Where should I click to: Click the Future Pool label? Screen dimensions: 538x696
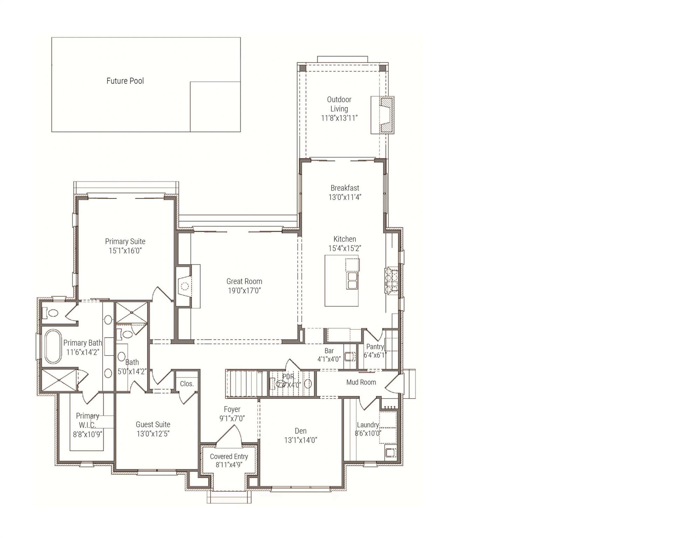tap(125, 81)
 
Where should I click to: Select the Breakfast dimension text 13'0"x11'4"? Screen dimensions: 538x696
tap(345, 197)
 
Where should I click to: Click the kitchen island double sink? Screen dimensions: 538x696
tap(352, 281)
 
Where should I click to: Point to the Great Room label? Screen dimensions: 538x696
tap(244, 281)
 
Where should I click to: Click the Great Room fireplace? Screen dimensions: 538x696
tap(184, 286)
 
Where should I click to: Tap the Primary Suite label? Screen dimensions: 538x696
tap(125, 241)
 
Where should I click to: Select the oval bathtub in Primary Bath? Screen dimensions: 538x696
tap(53, 346)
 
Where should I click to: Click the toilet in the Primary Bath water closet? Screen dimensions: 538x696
tap(51, 313)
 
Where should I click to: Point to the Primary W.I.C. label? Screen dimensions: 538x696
tap(87, 420)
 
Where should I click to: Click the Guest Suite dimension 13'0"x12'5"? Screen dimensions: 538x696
tap(153, 434)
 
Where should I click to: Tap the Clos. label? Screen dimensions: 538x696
tap(187, 384)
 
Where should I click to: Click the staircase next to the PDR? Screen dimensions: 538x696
tap(244, 383)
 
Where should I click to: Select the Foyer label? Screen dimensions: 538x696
tap(232, 409)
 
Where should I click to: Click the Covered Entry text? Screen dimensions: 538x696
tap(229, 456)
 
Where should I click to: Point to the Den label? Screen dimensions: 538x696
tap(301, 431)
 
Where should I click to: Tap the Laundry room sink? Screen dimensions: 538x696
tap(391, 453)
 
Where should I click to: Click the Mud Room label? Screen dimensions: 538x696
tap(361, 382)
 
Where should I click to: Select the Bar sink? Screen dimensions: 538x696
tap(349, 357)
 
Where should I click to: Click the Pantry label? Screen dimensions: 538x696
tap(375, 346)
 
